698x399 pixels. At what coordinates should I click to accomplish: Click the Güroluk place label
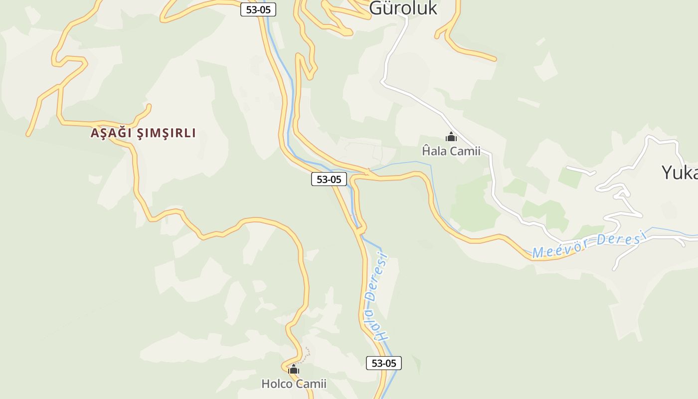[x=403, y=8]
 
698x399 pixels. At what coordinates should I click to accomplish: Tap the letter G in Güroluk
[x=375, y=8]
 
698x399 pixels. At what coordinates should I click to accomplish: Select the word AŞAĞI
[x=111, y=133]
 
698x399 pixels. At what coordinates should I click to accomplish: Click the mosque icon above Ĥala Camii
[x=451, y=137]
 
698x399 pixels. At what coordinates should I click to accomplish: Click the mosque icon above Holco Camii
[x=294, y=369]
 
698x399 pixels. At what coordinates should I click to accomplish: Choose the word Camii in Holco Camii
[x=311, y=384]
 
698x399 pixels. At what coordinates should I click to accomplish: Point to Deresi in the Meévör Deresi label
[x=619, y=238]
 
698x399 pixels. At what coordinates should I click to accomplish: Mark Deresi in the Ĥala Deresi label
[x=378, y=277]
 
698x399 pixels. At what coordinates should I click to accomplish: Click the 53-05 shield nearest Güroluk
[x=258, y=9]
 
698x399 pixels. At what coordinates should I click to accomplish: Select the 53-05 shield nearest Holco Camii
[x=384, y=363]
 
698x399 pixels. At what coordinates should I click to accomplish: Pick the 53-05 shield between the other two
[x=329, y=179]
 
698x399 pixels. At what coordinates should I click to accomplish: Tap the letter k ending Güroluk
[x=431, y=8]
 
